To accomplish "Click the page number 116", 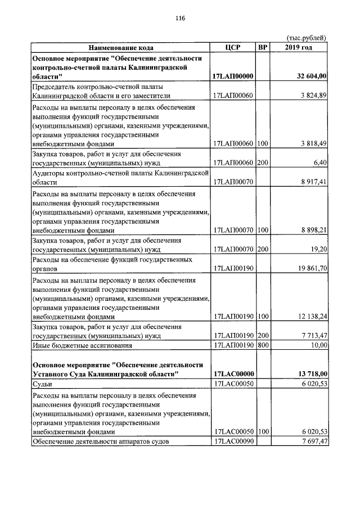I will tap(180, 18).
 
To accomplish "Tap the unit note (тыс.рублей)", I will tap(307, 38).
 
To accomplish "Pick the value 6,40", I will tap(319, 163).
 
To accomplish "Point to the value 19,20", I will tap(318, 249).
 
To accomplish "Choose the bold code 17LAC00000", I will tap(234, 373).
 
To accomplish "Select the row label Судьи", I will tap(43, 383).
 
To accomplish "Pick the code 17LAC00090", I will tap(234, 441).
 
